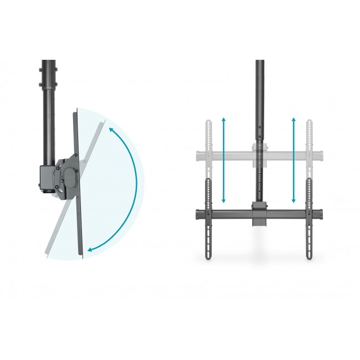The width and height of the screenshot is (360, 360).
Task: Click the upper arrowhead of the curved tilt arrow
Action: (x=111, y=130)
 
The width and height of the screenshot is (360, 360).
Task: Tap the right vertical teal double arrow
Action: (x=294, y=160)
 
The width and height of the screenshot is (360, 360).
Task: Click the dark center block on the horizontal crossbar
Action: (x=259, y=213)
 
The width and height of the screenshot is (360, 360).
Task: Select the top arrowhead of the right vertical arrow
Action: (x=294, y=119)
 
